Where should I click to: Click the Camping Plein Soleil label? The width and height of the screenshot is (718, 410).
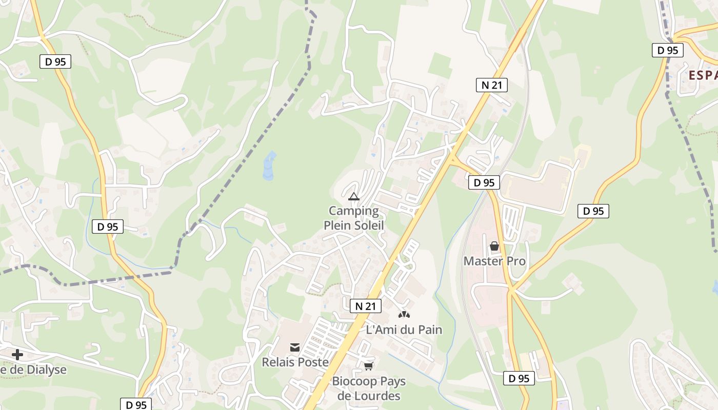[353, 218]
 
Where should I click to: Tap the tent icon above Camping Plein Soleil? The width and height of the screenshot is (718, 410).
[353, 196]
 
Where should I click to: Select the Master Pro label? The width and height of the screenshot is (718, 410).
[494, 261]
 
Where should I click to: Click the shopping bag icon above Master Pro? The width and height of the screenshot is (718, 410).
[494, 247]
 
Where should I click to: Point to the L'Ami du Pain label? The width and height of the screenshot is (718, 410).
[404, 330]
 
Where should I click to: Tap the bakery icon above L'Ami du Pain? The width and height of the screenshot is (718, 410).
[404, 314]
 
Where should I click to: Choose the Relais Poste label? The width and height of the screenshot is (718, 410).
[295, 362]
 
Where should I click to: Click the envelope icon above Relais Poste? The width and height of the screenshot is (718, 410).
[295, 347]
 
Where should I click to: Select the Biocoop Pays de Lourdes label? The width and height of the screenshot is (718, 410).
[368, 388]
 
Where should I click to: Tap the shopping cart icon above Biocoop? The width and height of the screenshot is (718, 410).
[368, 366]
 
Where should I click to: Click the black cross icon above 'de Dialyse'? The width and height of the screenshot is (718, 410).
[17, 355]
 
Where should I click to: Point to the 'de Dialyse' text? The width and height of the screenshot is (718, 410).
[33, 370]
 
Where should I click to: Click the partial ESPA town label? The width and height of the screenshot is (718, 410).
[703, 75]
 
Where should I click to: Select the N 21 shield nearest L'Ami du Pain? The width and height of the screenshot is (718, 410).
[366, 306]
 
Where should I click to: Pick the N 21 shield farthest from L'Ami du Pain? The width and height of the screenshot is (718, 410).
[491, 85]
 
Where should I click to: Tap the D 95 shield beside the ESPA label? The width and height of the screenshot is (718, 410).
[668, 50]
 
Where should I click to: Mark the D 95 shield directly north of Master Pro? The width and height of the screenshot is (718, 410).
[484, 182]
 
